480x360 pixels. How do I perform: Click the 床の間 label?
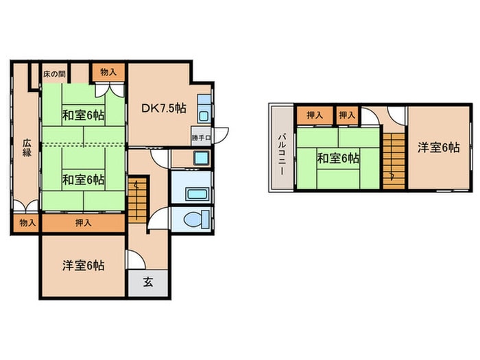click(x=54, y=72)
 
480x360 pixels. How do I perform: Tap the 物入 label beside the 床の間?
click(x=108, y=72)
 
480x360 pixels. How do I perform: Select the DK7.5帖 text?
click(x=164, y=108)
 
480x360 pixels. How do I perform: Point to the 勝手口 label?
click(x=201, y=136)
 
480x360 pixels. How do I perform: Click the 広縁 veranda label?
click(x=27, y=148)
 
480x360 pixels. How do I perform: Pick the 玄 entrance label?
click(x=147, y=280)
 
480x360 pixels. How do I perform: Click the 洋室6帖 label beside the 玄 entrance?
click(x=84, y=265)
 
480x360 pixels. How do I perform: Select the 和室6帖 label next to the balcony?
click(x=337, y=158)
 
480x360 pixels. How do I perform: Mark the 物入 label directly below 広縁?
click(x=27, y=223)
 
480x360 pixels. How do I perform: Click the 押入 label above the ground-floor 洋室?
click(x=84, y=223)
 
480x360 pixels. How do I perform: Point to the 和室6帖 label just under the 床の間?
click(x=84, y=115)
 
